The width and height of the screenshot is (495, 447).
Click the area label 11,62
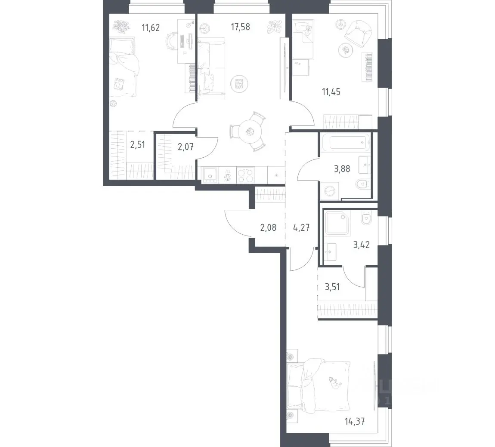coord(151,28)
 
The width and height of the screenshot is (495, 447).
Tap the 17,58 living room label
coord(240,27)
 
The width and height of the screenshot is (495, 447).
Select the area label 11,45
coord(331,92)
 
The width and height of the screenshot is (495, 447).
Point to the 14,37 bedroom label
coord(355,421)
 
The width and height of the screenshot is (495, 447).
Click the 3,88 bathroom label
coord(342,169)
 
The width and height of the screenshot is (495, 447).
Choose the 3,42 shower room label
coord(362,245)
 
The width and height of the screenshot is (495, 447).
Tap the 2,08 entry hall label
coord(268,227)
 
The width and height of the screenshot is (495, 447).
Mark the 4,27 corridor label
coord(301,227)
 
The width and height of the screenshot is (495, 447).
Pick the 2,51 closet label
coord(138,145)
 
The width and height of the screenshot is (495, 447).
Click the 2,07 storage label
coord(186,147)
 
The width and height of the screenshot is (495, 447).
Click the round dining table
coord(250,132)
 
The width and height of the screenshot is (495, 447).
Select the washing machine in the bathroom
coord(330,191)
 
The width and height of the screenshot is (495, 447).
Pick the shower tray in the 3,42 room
coord(337,223)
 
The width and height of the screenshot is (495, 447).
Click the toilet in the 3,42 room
coord(366,218)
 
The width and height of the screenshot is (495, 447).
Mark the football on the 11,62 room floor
coord(113,104)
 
